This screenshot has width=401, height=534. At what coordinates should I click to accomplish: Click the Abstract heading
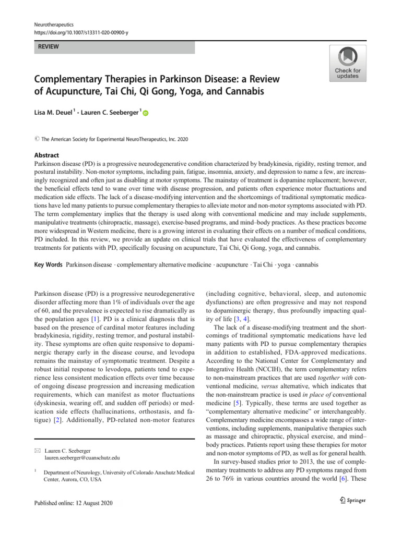tap(47, 155)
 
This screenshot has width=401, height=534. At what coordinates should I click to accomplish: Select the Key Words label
tap(48, 264)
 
